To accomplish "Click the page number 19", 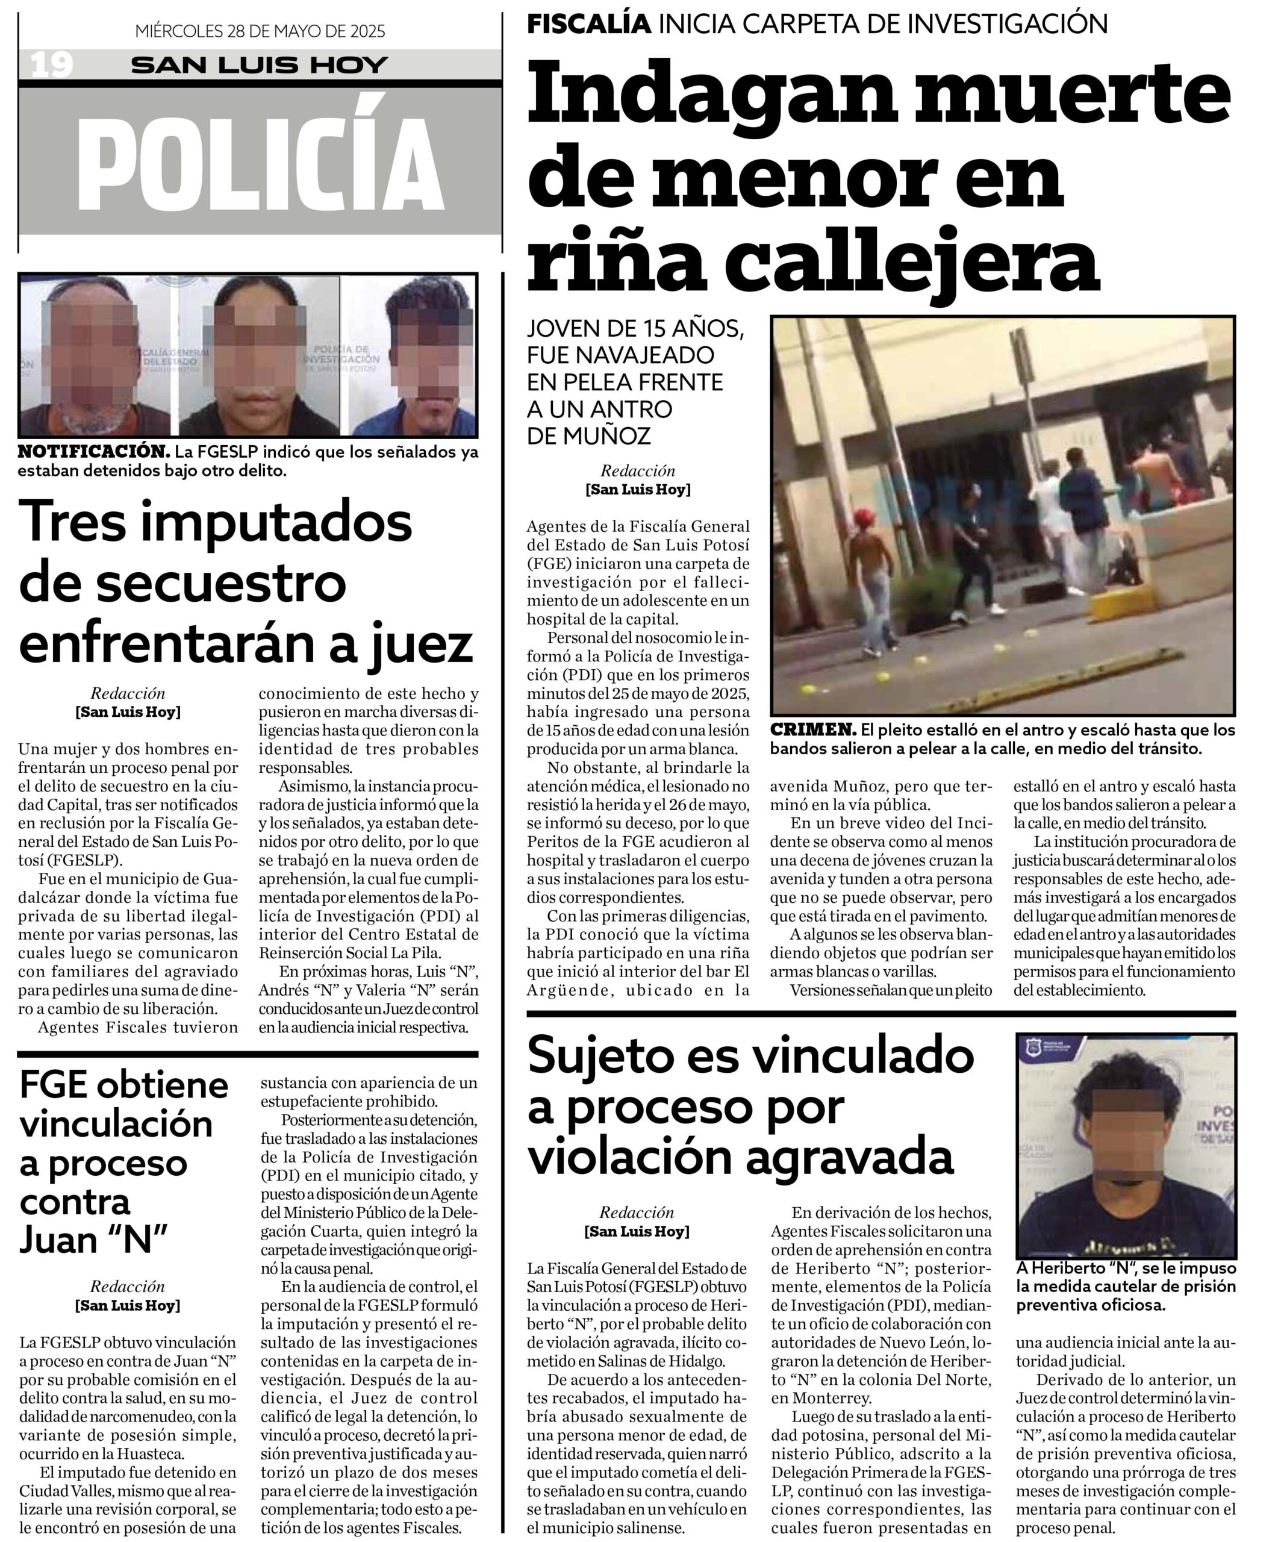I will click(51, 64).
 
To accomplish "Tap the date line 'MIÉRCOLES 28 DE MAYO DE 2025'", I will click(260, 31).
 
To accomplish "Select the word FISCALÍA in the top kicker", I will click(589, 23).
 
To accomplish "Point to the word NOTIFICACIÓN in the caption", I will click(94, 452).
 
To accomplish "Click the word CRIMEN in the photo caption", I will click(812, 730).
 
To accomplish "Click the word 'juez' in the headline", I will click(422, 644).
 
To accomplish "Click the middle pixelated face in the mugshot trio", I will click(254, 355).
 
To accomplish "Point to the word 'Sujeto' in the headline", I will click(598, 1057).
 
